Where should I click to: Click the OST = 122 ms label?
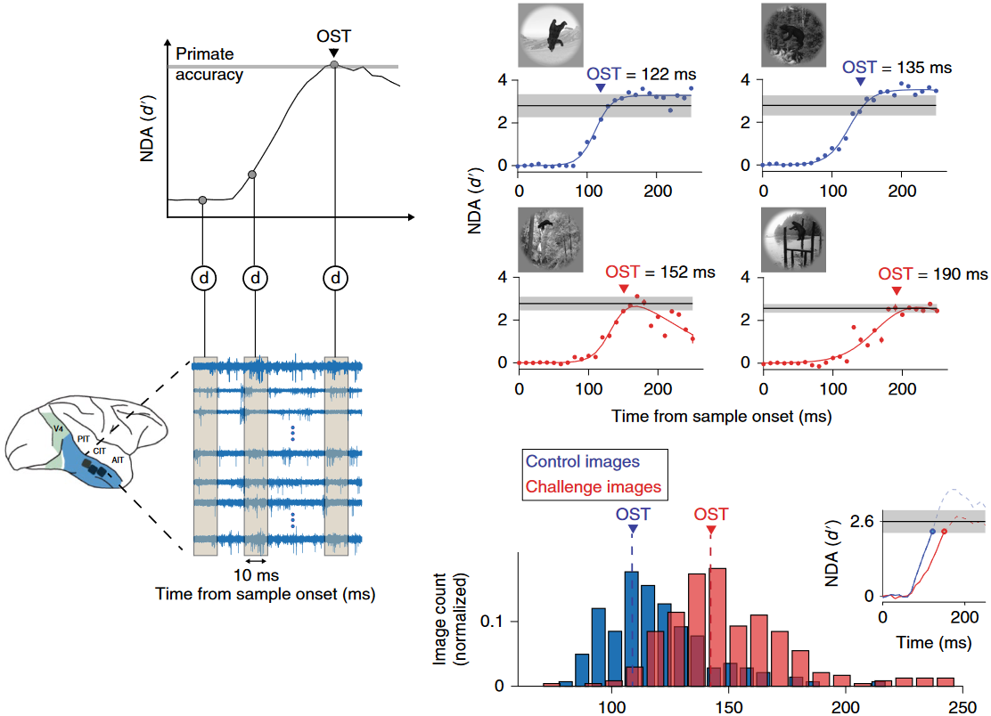(640, 72)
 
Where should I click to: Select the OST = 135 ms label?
(897, 68)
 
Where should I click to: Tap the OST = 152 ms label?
(659, 272)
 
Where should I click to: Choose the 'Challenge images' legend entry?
(594, 486)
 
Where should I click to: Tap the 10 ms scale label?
(255, 574)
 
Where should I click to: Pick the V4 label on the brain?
(57, 428)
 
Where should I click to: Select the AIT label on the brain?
(118, 460)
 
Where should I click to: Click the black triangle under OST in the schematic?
(333, 53)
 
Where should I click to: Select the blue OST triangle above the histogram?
(632, 531)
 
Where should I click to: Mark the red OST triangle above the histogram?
(710, 531)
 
